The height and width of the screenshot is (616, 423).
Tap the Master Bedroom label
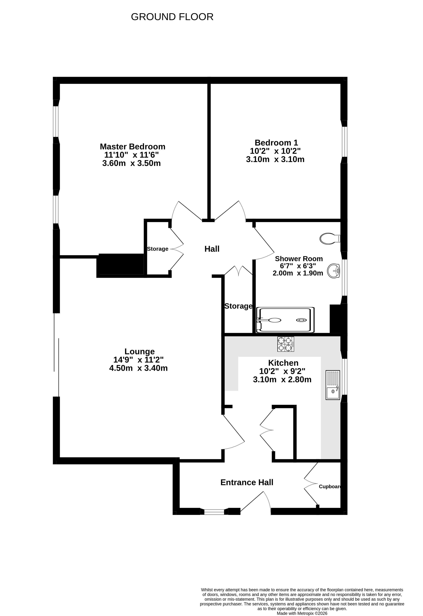[133, 147]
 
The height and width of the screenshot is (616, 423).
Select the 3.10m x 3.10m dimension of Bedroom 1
[275, 159]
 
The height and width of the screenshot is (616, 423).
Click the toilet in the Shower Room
[330, 239]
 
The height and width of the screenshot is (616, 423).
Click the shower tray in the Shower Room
[285, 320]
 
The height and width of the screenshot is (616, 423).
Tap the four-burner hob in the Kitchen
[286, 344]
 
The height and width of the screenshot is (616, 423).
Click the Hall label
[212, 249]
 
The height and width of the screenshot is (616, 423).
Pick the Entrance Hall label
[247, 482]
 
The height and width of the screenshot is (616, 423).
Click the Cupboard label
[330, 487]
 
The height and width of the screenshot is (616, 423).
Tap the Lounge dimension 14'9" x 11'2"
[139, 360]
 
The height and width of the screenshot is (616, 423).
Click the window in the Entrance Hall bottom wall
[214, 512]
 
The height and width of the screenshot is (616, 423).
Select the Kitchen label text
[283, 363]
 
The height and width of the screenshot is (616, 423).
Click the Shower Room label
[299, 259]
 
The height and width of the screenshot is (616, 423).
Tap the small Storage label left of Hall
[158, 249]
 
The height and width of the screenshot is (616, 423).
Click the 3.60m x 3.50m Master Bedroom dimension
[131, 163]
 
